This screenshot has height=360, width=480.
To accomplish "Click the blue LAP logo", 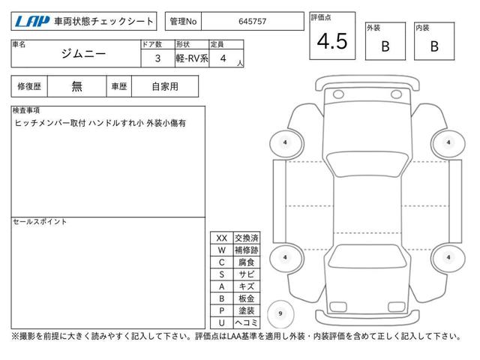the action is point(31,22).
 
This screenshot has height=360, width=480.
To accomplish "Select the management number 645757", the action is point(252,22).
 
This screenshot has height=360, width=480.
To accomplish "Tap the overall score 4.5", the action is point(332,41).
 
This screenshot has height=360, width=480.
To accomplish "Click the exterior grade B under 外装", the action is point(385,46).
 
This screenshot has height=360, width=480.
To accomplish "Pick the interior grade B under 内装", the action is point(434,46).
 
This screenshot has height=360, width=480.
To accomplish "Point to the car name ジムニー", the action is point(83,54).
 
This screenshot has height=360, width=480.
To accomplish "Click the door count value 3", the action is point(157,58).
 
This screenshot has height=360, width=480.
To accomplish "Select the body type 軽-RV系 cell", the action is point(192,58).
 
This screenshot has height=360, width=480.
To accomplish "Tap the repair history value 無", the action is point(76,87).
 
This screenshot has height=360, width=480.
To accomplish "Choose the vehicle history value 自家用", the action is point(165,87).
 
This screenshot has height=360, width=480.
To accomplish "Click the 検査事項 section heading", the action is point(26,110).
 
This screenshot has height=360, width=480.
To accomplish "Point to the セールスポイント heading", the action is point(40,222).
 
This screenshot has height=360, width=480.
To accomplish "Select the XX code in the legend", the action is point(222,238).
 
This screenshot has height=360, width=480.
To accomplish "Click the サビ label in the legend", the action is point(247,274).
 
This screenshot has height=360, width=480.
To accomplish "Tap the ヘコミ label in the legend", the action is point(247,322).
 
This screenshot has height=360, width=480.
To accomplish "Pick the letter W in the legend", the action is point(222,250).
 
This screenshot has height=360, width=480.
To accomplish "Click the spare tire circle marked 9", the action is point(280,313).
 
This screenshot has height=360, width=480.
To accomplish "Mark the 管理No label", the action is point(183,22).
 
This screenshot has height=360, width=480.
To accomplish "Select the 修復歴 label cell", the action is point(29,87).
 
